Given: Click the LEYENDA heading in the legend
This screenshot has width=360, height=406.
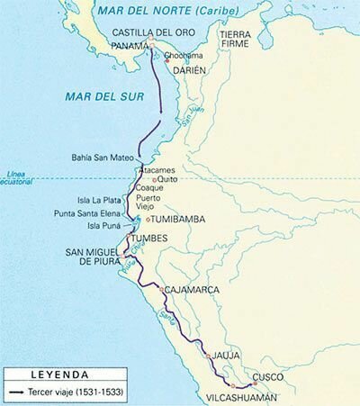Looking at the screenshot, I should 58,372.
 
